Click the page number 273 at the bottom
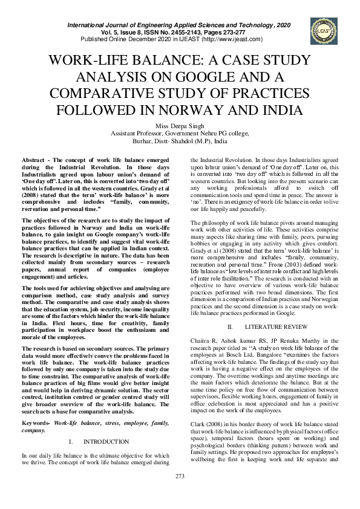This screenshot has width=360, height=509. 180,493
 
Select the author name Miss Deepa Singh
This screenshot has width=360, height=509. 180,126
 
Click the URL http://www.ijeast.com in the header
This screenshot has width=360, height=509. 231,39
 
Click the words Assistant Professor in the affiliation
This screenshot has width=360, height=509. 133,134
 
